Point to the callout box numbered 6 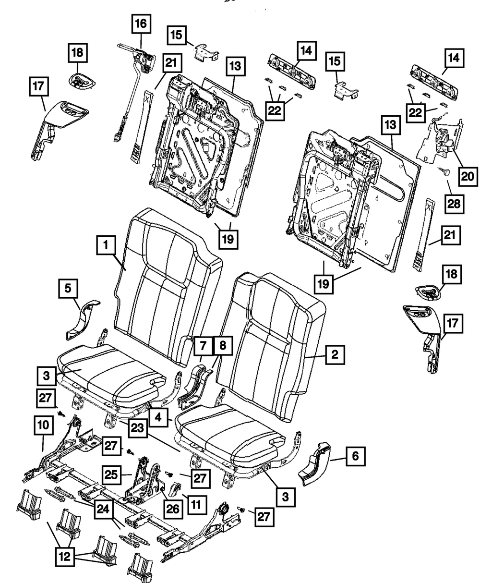click(x=355, y=456)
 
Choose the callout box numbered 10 click(x=43, y=425)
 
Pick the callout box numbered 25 click(x=111, y=474)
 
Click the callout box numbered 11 click(x=197, y=504)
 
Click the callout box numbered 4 click(x=157, y=417)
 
